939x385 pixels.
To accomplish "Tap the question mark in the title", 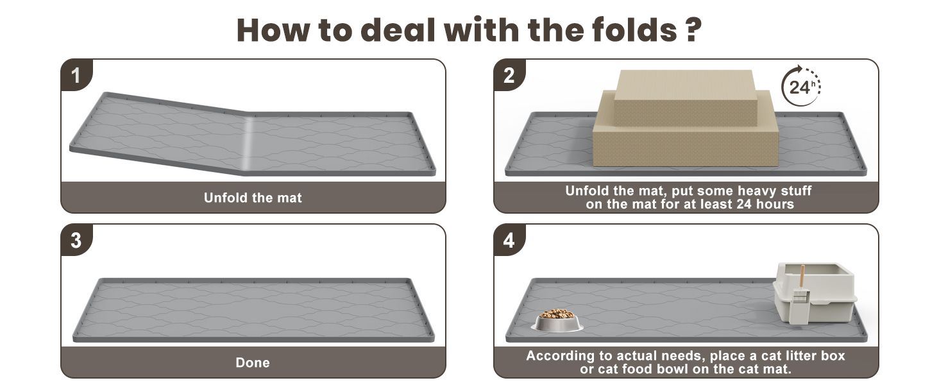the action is [x=694, y=30].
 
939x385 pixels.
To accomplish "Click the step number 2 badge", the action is [x=509, y=75].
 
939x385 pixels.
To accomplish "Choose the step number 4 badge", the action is [x=509, y=240].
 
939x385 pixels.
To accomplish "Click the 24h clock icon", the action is [x=800, y=86].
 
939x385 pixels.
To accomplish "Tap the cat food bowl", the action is [x=557, y=320].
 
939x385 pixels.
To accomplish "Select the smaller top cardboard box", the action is [x=685, y=98].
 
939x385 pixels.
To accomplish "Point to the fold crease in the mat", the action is [x=248, y=142].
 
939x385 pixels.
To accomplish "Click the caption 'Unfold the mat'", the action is [x=253, y=198].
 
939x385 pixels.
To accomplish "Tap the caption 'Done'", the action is [x=253, y=363].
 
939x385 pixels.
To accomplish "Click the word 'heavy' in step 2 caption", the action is [x=756, y=191].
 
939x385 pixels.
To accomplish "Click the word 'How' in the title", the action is [x=273, y=30].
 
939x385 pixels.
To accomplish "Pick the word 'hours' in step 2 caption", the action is [x=774, y=204].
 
